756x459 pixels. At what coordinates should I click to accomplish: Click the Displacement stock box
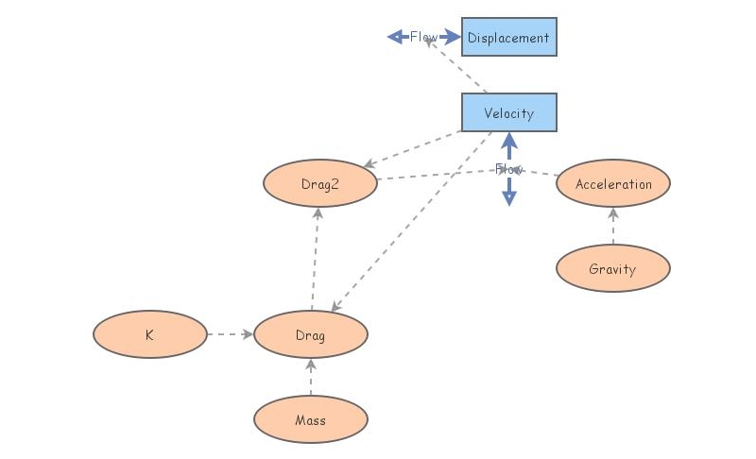pyautogui.click(x=508, y=37)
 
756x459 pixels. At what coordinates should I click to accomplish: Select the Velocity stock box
pyautogui.click(x=508, y=112)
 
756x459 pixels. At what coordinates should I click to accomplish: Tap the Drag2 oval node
pyautogui.click(x=319, y=184)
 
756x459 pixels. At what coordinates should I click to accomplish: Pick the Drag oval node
pyautogui.click(x=310, y=334)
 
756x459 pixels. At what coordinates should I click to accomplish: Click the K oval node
pyautogui.click(x=149, y=334)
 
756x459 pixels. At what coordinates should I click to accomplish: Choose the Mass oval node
pyautogui.click(x=310, y=419)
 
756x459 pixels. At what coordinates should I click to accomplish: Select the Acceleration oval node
pyautogui.click(x=612, y=183)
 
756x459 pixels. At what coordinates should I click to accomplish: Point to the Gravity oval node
pyautogui.click(x=612, y=268)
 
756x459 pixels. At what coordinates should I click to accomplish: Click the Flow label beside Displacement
pyautogui.click(x=422, y=37)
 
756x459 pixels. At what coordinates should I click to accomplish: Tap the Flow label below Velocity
pyautogui.click(x=508, y=169)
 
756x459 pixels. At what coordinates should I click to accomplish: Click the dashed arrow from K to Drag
pyautogui.click(x=230, y=334)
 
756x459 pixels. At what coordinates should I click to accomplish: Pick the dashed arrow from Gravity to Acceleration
pyautogui.click(x=612, y=226)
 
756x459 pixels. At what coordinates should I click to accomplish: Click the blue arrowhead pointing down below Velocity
pyautogui.click(x=508, y=198)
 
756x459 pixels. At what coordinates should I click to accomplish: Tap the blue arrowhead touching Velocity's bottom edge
pyautogui.click(x=508, y=140)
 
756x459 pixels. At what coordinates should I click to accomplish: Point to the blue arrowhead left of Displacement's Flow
pyautogui.click(x=395, y=37)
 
